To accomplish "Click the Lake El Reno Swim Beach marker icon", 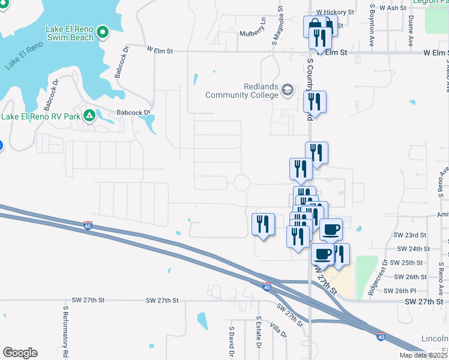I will pyautogui.click(x=102, y=31).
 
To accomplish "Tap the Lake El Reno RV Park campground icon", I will pyautogui.click(x=89, y=115).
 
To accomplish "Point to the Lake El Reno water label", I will pyautogui.click(x=24, y=54).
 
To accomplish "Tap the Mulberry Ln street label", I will pyautogui.click(x=253, y=34).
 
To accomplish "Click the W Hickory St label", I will pyautogui.click(x=336, y=11).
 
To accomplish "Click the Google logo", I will pyautogui.click(x=20, y=353).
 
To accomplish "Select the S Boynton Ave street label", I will pyautogui.click(x=372, y=26).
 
